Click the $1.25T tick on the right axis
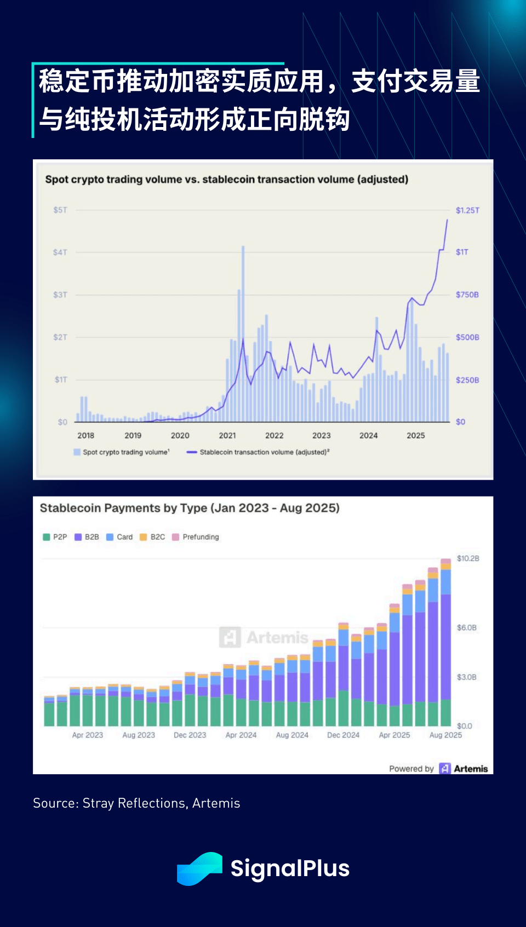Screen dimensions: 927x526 pos(467,210)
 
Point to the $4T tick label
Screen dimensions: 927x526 pos(60,252)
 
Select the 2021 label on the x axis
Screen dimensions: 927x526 pos(227,435)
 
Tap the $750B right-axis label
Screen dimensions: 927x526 pos(467,295)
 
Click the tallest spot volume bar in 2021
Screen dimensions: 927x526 pos(243,334)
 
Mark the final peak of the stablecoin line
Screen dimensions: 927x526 pos(447,220)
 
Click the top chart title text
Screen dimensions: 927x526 pos(226,180)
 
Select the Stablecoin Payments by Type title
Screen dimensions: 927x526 pos(190,508)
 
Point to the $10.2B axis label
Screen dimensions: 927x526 pos(468,558)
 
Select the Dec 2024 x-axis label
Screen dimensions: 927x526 pos(343,735)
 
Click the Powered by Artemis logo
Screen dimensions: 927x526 pos(464,768)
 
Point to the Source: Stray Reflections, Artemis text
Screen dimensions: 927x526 pos(136,803)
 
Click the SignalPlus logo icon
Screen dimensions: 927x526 pos(199,868)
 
